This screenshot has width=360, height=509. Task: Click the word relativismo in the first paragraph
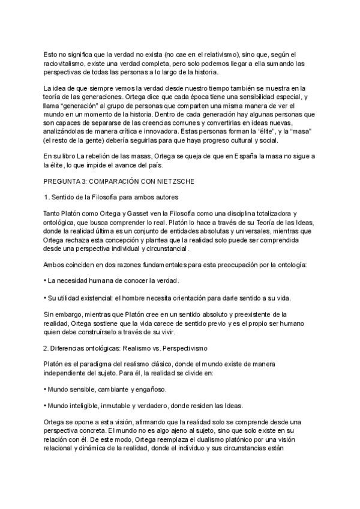215,53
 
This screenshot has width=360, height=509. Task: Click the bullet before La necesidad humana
46,281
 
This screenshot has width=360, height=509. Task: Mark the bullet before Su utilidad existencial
46,298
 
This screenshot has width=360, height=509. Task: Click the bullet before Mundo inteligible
46,405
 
